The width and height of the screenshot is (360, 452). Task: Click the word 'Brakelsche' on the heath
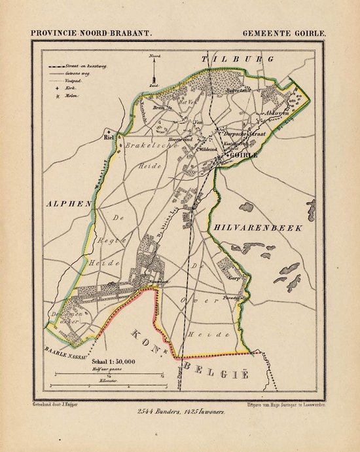coord(148,145)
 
